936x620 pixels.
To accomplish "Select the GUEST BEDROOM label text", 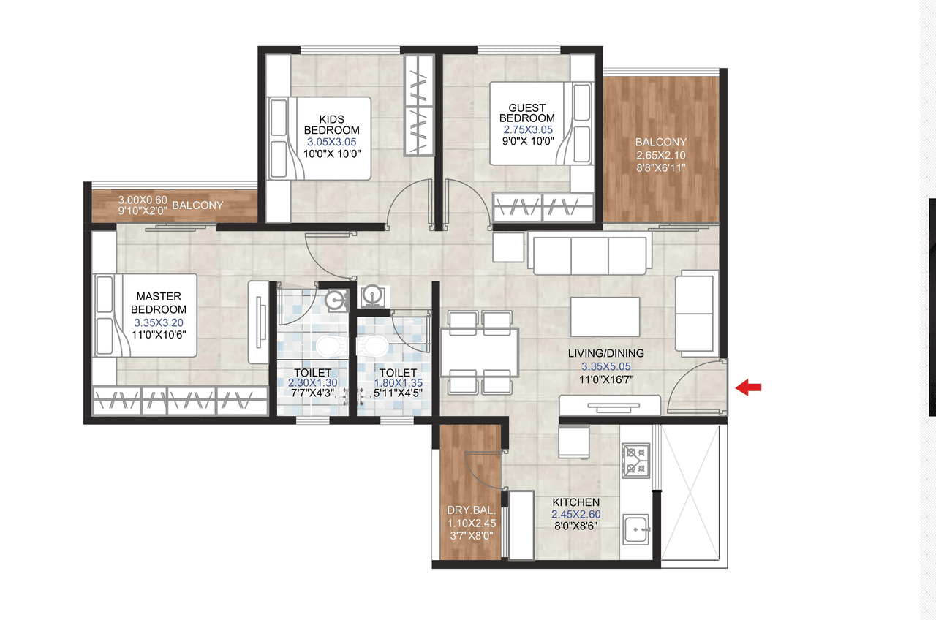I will point(527,113).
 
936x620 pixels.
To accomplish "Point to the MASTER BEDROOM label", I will point(159,303).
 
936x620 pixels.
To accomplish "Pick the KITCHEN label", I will point(575,502).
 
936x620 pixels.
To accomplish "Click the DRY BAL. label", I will point(472,510).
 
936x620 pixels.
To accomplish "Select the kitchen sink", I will point(636,528).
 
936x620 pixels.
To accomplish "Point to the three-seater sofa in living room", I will point(591,254).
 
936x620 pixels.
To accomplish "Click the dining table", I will point(480,350).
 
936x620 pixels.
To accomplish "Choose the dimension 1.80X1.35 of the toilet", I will point(398,383).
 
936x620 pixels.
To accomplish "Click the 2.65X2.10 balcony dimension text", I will point(660,155).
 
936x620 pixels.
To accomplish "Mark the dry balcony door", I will point(483,468).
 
